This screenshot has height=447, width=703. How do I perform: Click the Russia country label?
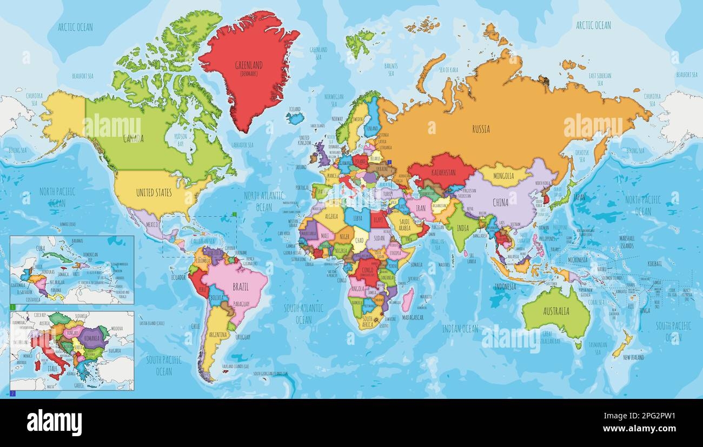[x=481, y=129]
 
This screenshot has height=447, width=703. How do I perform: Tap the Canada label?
[x=134, y=139]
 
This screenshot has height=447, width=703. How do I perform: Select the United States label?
[x=154, y=192]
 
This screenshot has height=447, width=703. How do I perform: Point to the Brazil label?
[x=240, y=287]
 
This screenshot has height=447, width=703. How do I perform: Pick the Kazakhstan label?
[x=443, y=172]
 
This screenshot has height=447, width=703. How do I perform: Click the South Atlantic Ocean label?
[x=303, y=313]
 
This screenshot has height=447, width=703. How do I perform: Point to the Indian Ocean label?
[x=460, y=329]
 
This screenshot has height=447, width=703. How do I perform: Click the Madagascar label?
[x=413, y=317]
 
